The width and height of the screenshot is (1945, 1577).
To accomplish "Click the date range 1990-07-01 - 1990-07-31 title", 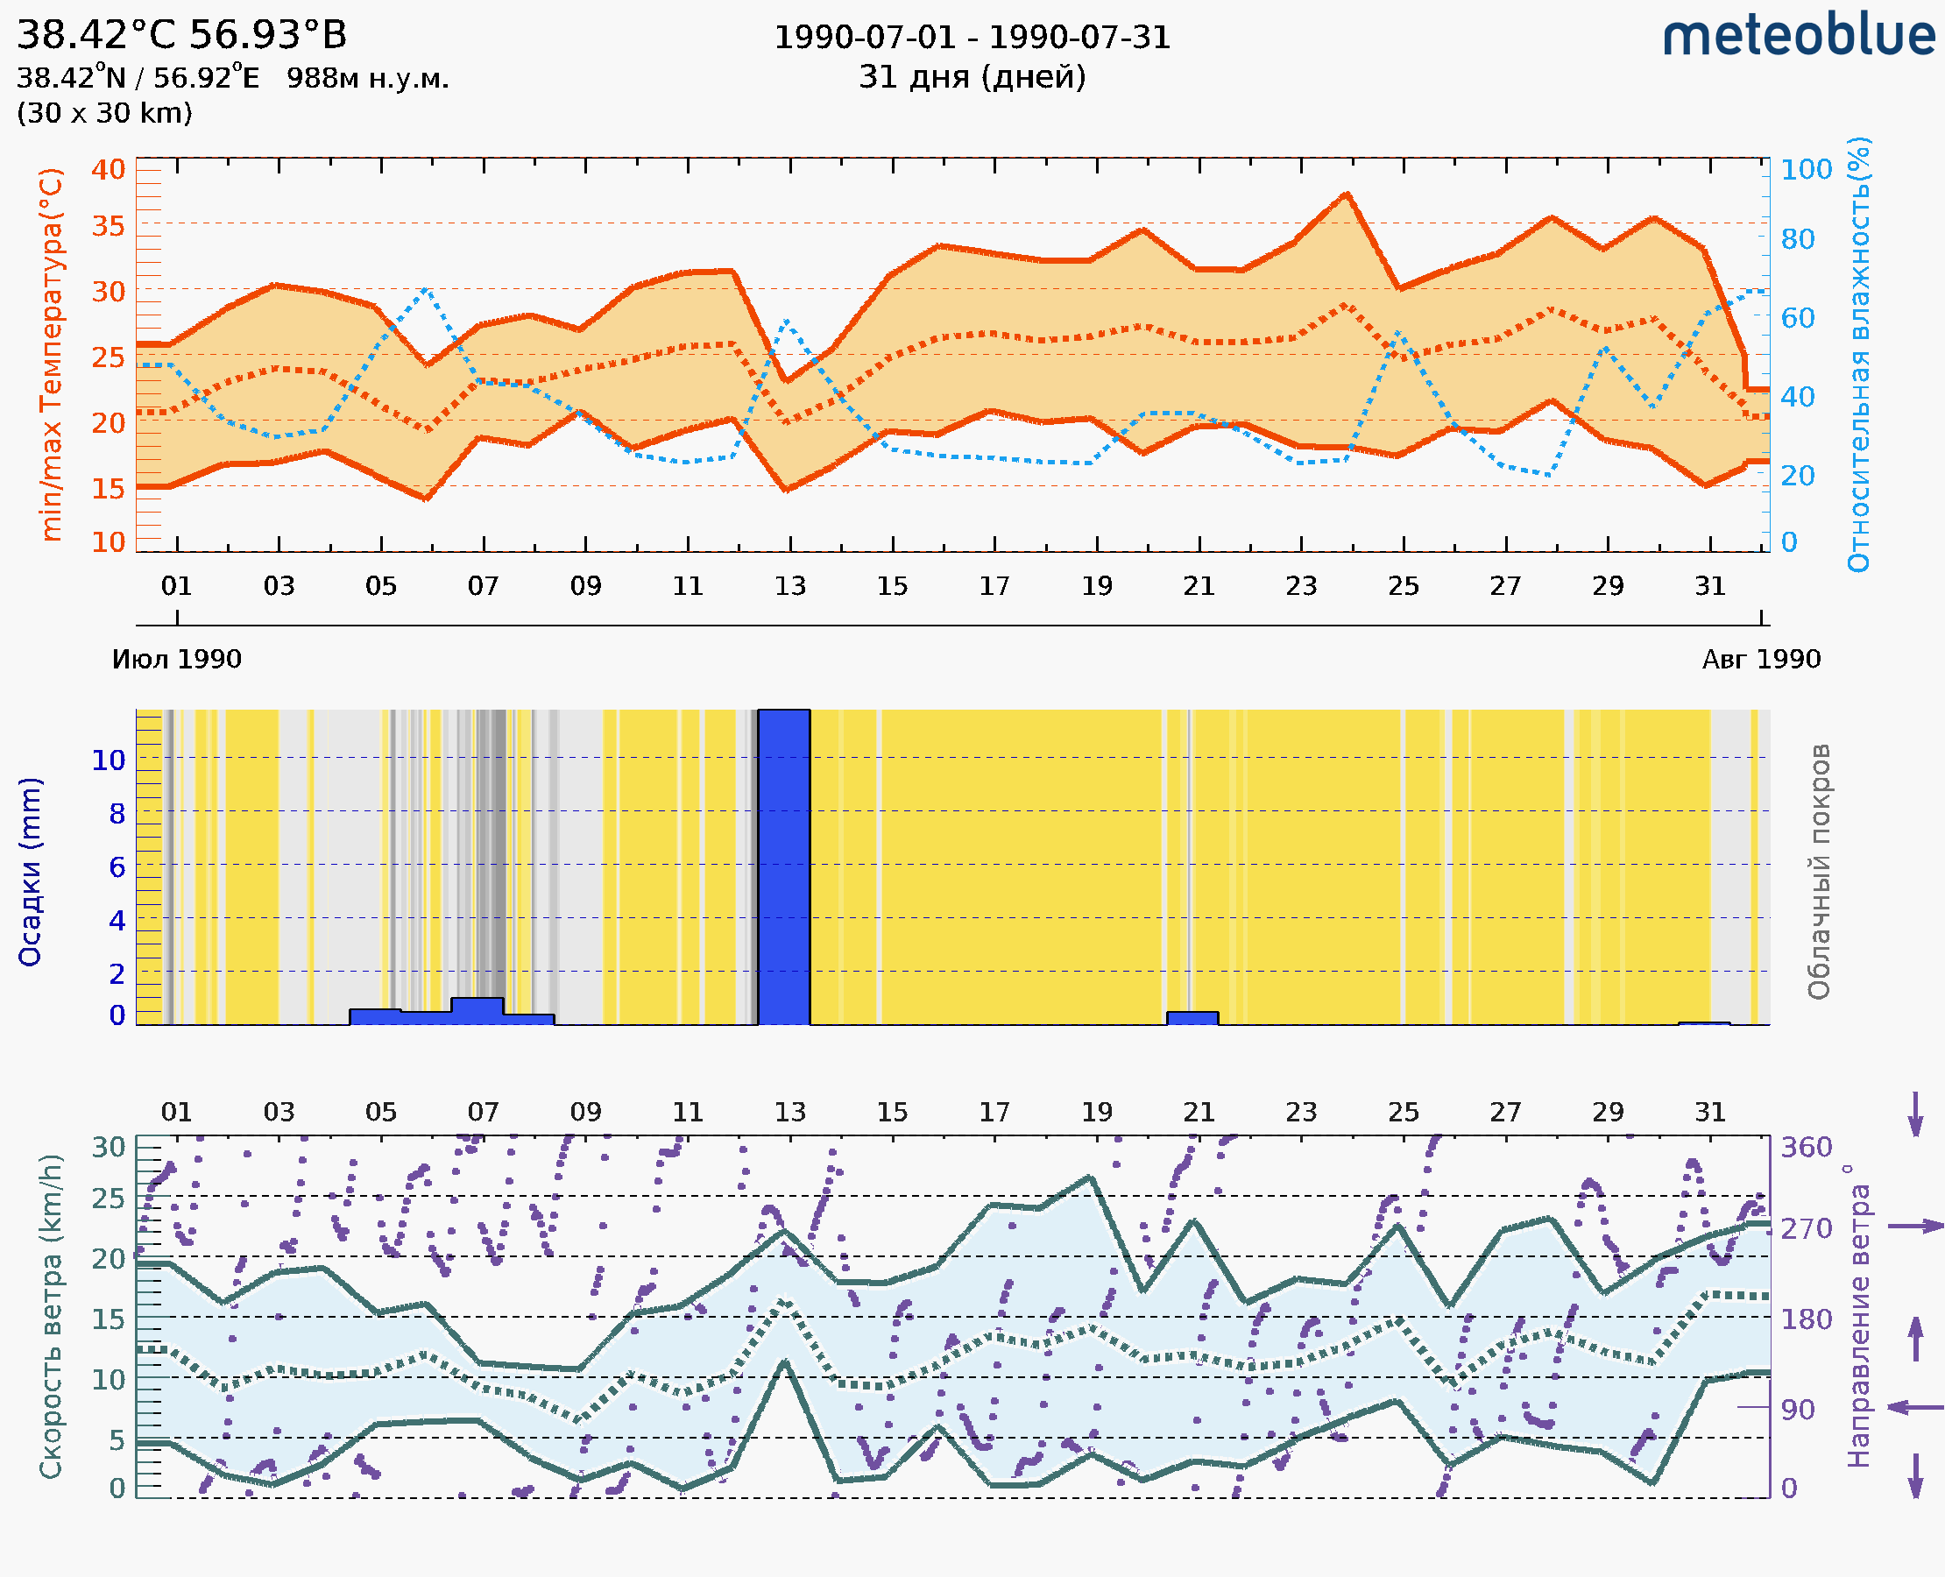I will [972, 38].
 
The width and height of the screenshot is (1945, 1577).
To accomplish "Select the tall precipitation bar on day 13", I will [784, 866].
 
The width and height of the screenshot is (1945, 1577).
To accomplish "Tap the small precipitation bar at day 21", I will [1192, 1018].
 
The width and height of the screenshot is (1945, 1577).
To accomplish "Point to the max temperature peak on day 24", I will [1347, 194].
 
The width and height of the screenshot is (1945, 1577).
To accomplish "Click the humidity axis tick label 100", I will [1806, 170].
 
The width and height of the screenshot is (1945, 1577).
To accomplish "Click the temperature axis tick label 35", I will [108, 225].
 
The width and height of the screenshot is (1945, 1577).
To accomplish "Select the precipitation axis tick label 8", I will [117, 814].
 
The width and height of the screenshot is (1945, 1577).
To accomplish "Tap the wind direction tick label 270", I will [1806, 1228].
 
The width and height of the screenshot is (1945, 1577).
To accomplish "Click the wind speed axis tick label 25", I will [108, 1199].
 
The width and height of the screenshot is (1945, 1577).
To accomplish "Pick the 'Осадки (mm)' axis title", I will [30, 871].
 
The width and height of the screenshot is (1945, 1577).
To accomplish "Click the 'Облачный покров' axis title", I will [1819, 871].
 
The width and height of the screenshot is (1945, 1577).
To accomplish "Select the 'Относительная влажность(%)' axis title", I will [1860, 354].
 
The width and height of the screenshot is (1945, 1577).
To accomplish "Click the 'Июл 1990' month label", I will [176, 659].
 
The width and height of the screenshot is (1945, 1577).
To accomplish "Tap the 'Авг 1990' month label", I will [1761, 659].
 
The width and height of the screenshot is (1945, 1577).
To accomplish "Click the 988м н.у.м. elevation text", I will [367, 78].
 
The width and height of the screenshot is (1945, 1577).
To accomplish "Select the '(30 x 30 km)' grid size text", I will [104, 114].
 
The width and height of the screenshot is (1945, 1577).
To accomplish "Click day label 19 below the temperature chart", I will [1097, 586].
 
